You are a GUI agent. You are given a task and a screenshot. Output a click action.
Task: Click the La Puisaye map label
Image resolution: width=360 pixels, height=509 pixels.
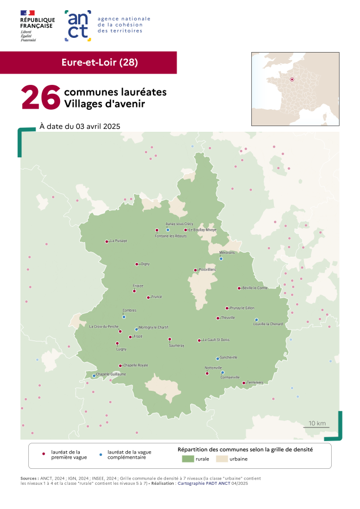coord(119,241)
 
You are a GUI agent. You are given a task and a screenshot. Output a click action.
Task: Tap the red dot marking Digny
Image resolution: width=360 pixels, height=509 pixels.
coord(136,264)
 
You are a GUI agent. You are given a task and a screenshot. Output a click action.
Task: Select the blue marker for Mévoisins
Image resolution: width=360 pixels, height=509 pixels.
coord(221,259)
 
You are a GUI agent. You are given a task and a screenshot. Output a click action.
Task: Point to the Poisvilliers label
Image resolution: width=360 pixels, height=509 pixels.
coord(208,270)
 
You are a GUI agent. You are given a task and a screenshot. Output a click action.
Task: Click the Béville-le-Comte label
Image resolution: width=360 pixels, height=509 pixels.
coord(255,288)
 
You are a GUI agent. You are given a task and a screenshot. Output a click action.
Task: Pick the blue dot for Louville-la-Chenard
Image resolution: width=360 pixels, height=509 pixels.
coord(256,320)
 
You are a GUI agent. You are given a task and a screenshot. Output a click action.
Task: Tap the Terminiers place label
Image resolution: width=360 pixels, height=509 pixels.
coord(255,383)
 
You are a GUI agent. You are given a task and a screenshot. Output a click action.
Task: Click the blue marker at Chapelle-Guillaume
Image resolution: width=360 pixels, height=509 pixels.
coord(94,376)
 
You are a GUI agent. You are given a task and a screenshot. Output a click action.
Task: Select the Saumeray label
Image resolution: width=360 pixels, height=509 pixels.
coord(169,346)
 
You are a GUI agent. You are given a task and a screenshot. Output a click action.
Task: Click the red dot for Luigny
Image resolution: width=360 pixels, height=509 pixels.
coord(117,343)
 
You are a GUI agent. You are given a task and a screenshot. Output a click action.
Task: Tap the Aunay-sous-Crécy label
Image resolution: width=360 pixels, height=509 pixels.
coord(179,224)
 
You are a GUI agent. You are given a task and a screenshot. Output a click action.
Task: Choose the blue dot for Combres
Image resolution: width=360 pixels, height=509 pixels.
coord(124,317)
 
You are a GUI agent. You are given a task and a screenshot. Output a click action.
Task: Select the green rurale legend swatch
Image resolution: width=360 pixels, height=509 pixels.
coord(187,459)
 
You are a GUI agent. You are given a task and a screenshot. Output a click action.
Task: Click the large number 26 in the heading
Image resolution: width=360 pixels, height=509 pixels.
coord(41,97)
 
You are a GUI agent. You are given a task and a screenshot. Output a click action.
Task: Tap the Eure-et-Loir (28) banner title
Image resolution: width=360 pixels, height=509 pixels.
coord(100,62)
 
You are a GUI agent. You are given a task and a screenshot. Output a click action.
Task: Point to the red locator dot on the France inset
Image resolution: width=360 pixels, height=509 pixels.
coord(292,80)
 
